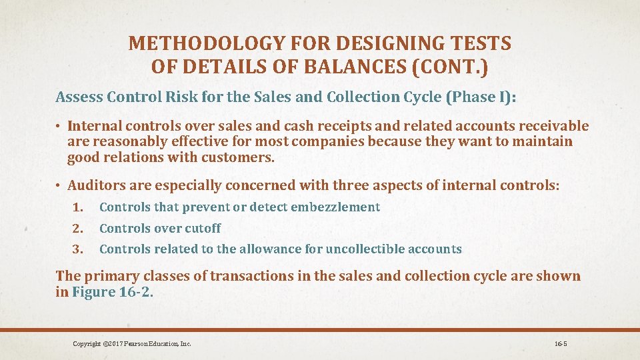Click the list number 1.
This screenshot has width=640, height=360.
(x=78, y=207)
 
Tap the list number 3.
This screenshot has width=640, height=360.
(x=78, y=249)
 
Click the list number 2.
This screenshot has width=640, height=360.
(x=78, y=229)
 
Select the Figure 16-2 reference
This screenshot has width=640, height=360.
(x=111, y=293)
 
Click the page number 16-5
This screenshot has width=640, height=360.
(x=560, y=344)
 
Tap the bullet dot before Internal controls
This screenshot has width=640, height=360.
(x=59, y=126)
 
